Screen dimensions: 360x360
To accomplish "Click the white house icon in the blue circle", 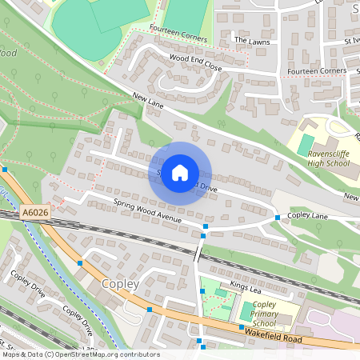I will (x=180, y=172).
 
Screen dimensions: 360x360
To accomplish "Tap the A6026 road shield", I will (x=34, y=212).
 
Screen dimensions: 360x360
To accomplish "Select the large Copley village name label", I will (x=120, y=284).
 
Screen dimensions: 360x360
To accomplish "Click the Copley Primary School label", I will (x=264, y=314).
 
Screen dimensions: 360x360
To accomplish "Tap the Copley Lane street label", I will (x=309, y=216).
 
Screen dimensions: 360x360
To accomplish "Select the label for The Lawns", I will (x=248, y=38).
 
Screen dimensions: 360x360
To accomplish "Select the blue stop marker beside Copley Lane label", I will (x=277, y=218).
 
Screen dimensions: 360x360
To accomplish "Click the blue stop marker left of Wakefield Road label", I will (x=241, y=327).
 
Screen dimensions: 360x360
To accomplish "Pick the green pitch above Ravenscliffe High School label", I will (x=306, y=144).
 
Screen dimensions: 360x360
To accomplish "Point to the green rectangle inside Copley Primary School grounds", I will (x=247, y=311).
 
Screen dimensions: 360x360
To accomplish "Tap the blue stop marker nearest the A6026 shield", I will (x=5, y=170).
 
